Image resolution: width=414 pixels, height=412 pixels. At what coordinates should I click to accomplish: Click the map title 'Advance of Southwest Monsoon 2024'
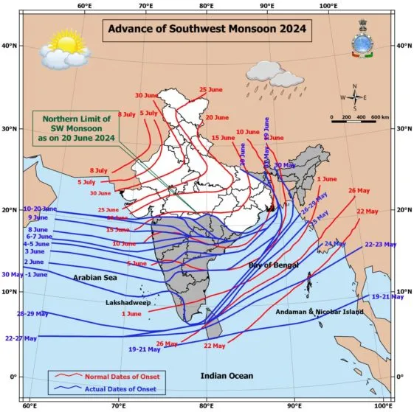coord(206,30)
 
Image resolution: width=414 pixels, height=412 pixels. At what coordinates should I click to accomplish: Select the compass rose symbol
coord(354,97)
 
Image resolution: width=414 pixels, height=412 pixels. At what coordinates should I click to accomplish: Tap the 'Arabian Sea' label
coord(95,278)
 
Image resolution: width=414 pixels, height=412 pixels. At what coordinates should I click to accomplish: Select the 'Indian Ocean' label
coord(227,376)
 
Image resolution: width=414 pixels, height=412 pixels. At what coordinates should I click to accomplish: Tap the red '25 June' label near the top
coord(210,90)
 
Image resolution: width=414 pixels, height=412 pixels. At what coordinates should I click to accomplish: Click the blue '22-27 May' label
coord(21,338)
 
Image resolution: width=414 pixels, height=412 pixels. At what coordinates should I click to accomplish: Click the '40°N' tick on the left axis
coord(10,46)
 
